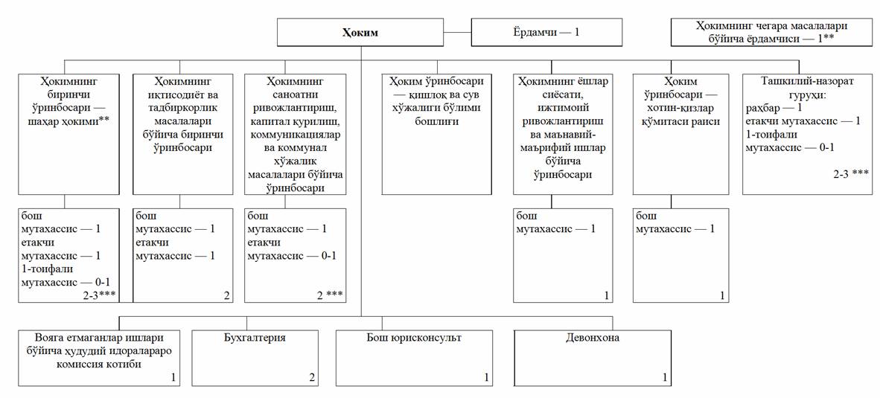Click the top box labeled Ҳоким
tap(360, 33)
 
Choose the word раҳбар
tap(761, 108)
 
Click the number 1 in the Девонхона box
tap(665, 378)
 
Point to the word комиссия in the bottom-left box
tap(80, 365)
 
